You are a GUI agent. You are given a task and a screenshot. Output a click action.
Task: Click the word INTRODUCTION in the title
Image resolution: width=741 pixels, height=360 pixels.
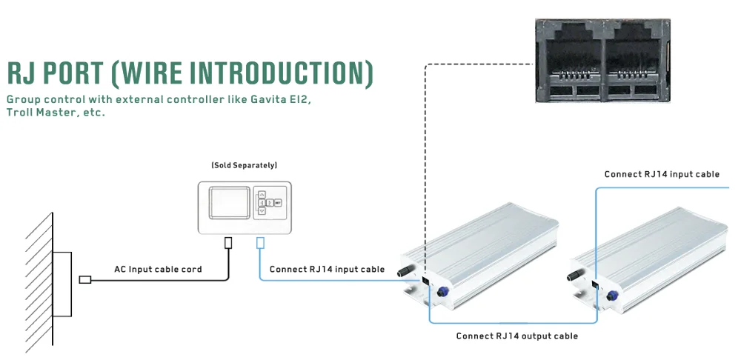tap(282, 74)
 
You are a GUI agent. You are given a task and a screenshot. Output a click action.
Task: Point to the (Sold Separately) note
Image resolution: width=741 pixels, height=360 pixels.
tap(244, 164)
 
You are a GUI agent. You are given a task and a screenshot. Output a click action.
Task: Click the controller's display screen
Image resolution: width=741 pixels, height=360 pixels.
tap(228, 201)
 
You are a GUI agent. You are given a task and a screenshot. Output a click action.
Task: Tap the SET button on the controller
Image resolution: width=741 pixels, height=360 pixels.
tap(277, 201)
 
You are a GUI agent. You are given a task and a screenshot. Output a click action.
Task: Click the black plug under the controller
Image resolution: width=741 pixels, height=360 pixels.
tap(228, 242)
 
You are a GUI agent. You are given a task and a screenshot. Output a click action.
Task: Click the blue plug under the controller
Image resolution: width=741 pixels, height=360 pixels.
tap(259, 242)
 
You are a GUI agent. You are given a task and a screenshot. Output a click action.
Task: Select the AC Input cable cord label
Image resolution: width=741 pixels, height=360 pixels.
tap(158, 269)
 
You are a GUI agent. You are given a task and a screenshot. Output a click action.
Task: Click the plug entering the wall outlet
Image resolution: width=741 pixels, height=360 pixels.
tap(84, 279)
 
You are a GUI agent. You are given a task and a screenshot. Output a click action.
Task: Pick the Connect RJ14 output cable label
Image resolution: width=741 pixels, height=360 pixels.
tap(516, 336)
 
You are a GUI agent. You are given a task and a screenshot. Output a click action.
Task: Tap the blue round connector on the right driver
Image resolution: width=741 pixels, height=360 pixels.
tap(614, 296)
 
